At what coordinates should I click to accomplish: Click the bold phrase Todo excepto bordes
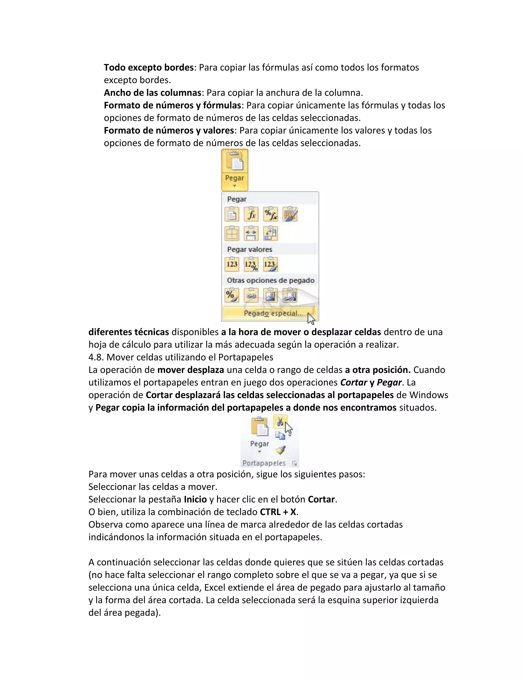click(x=149, y=67)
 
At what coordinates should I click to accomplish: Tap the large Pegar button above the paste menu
click(x=235, y=170)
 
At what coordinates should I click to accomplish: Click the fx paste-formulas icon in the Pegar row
click(x=251, y=215)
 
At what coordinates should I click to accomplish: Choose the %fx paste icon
click(x=270, y=215)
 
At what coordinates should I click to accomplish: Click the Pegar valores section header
click(x=249, y=249)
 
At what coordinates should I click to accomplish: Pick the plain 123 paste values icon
click(x=232, y=264)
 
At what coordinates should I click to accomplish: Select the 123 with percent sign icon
click(x=251, y=264)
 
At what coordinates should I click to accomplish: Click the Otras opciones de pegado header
click(x=270, y=280)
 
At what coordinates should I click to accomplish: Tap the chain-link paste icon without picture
click(x=251, y=295)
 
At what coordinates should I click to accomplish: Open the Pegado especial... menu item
click(x=273, y=313)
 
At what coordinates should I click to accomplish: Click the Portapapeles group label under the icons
click(x=264, y=463)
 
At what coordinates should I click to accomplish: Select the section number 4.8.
click(x=96, y=357)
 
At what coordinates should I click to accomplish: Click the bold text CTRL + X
click(x=278, y=512)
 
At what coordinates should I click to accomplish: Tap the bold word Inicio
click(x=195, y=499)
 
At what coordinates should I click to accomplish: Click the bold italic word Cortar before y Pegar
click(x=354, y=382)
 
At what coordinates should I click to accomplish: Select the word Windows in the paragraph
click(x=429, y=395)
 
